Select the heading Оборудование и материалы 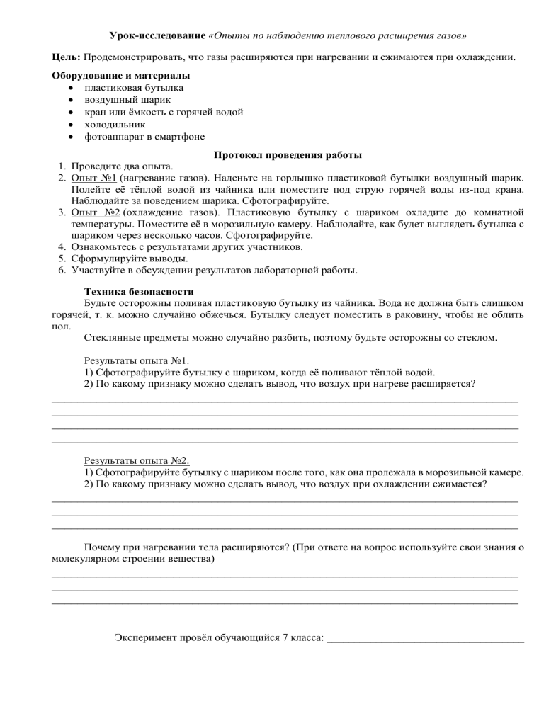click(x=121, y=75)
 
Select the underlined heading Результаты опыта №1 click(x=135, y=360)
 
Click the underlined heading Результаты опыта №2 click(x=135, y=460)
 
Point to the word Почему click(x=102, y=548)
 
